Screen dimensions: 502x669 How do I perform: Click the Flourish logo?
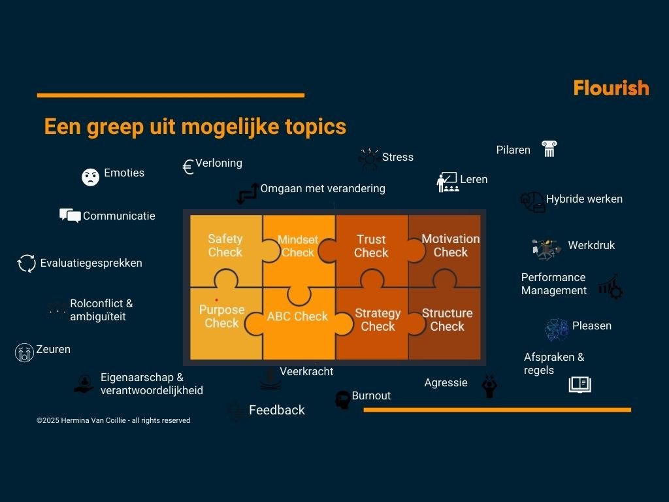[611, 88]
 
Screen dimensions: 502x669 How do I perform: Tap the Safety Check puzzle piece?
[225, 246]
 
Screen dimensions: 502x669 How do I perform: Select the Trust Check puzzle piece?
[371, 246]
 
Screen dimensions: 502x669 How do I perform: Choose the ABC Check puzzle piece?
[297, 317]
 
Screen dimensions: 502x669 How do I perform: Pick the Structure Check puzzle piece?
[447, 320]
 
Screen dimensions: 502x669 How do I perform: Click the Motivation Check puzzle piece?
[450, 246]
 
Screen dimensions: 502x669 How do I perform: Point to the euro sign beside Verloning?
[188, 167]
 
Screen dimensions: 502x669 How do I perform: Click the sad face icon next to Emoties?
[90, 176]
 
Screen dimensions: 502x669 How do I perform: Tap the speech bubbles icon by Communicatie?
[70, 215]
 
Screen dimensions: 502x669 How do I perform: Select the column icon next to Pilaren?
[548, 149]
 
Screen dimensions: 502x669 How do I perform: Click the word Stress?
[397, 157]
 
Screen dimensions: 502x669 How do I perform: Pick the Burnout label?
[371, 395]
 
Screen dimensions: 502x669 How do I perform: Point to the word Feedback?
[277, 410]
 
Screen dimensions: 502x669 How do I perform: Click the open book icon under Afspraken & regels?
[579, 384]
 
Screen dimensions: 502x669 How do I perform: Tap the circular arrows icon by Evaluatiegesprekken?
[27, 263]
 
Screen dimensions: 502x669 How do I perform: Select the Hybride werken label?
[584, 199]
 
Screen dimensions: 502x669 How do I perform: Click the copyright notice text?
[113, 420]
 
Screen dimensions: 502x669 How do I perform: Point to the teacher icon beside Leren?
[447, 182]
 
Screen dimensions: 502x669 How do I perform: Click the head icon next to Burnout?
[342, 400]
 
